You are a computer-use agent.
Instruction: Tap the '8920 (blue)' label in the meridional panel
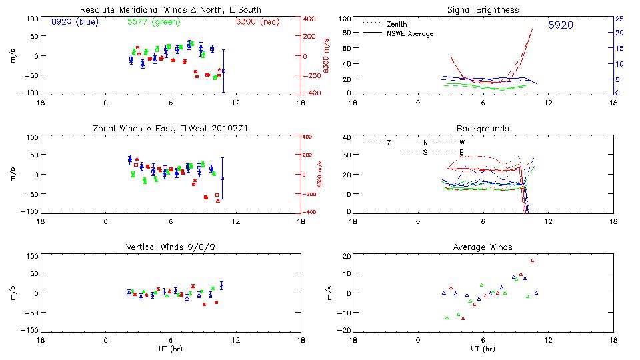[75, 22]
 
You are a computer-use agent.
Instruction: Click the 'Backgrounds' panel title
[483, 128]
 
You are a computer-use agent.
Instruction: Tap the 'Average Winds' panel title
[484, 247]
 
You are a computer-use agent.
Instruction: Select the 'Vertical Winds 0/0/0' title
[171, 247]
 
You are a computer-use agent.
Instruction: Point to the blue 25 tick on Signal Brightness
[619, 19]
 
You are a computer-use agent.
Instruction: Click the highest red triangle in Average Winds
[532, 261]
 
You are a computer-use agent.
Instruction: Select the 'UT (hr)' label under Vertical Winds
[171, 349]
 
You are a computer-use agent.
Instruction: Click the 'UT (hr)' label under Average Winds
[483, 349]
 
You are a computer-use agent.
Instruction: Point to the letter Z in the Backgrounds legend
[389, 143]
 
